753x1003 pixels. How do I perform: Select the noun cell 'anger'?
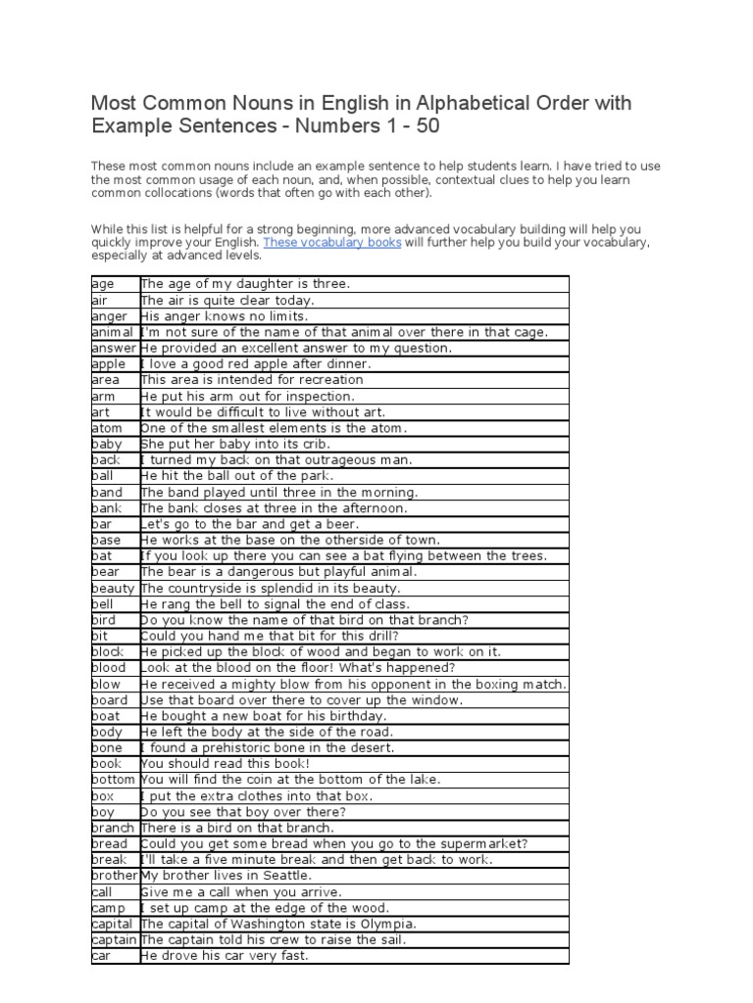tap(109, 316)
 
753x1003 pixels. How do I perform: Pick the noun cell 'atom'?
tap(107, 428)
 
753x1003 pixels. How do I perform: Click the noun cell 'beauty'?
tap(113, 588)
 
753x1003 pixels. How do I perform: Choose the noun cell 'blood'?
tap(108, 668)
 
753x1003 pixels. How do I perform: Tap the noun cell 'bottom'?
tap(114, 780)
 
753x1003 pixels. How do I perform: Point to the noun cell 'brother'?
tap(115, 876)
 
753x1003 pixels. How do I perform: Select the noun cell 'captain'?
tap(114, 939)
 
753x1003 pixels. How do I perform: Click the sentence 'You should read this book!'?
tap(226, 764)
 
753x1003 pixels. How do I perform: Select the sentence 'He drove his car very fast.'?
tap(225, 955)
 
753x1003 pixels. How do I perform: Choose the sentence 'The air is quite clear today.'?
tap(227, 301)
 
